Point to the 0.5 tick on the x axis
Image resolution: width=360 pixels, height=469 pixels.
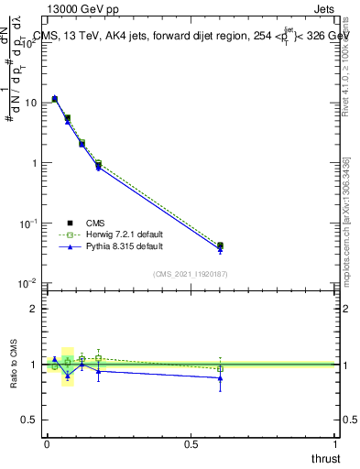point(191,442)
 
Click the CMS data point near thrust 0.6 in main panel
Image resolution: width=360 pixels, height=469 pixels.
point(220,245)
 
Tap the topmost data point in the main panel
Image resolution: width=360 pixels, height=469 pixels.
point(55,98)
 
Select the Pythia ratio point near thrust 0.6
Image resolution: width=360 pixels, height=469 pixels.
point(220,377)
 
